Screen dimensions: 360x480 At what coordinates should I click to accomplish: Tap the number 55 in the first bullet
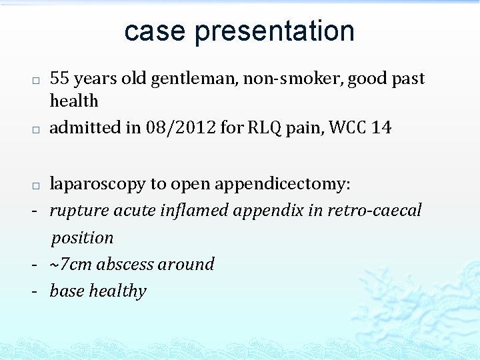59,79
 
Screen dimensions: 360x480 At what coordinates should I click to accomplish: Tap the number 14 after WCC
381,127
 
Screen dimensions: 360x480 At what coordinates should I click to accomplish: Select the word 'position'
83,238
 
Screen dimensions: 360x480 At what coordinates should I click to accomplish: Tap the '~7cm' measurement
71,265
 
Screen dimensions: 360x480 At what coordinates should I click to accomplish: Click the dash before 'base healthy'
33,291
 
